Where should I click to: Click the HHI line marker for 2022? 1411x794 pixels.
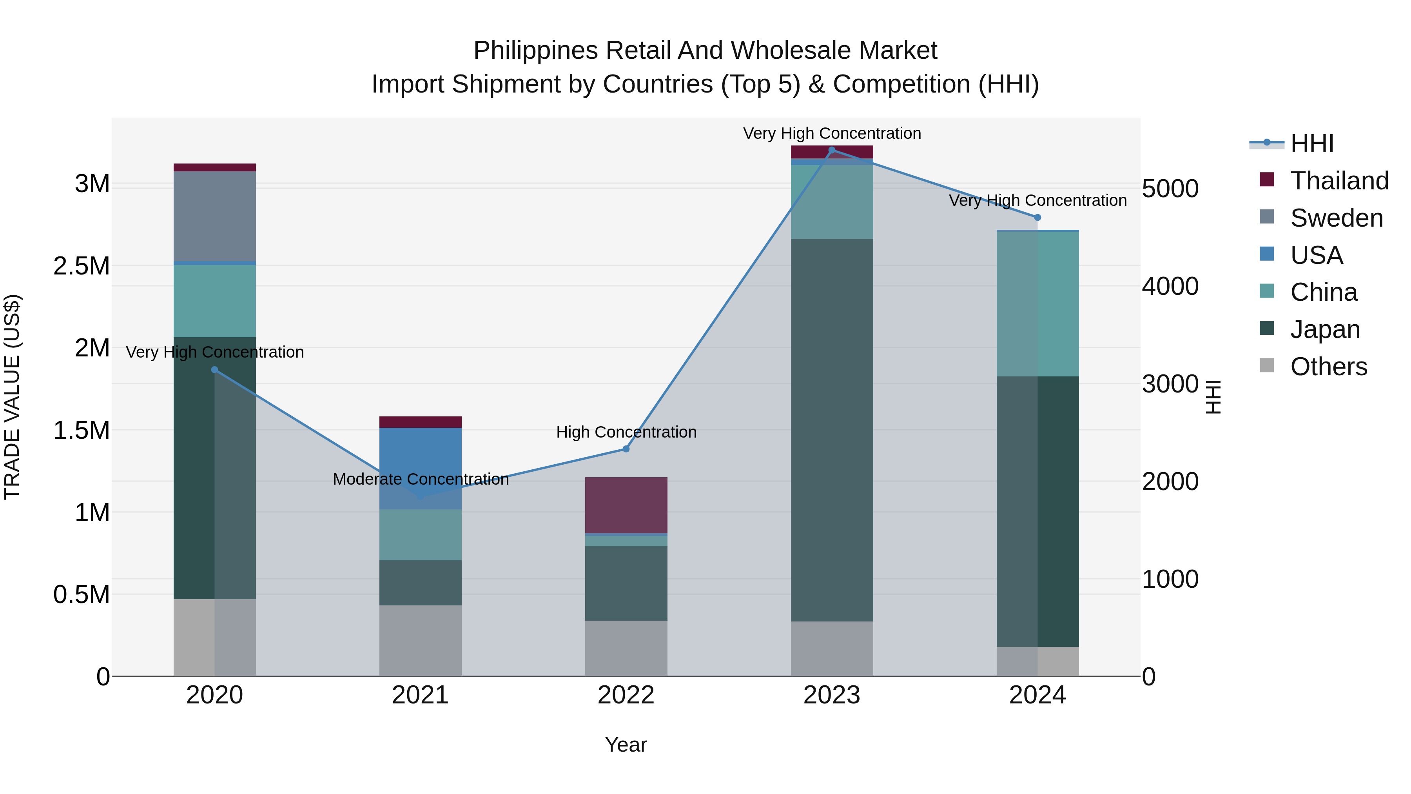626,449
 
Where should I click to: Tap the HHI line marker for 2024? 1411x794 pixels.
1037,218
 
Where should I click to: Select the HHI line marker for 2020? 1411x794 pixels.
215,370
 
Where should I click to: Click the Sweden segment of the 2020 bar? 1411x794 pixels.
215,216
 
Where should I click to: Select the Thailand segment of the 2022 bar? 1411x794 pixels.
626,505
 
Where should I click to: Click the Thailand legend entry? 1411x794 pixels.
1339,181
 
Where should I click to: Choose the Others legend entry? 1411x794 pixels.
1328,367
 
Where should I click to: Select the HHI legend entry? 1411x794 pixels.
1311,144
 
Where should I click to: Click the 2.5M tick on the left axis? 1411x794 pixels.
81,266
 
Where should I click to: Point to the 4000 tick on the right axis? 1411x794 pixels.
1170,286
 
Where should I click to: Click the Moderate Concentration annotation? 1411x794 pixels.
420,480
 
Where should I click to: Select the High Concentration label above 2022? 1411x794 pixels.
626,432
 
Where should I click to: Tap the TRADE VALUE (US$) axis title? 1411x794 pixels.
12,397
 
